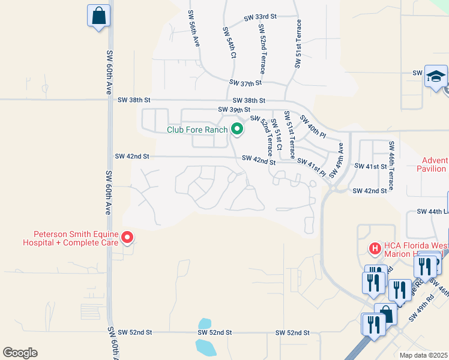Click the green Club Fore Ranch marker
pyautogui.click(x=237, y=129)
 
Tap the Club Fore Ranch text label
pyautogui.click(x=197, y=130)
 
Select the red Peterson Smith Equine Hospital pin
pyautogui.click(x=127, y=238)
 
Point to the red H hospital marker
pyautogui.click(x=375, y=247)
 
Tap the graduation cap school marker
pyautogui.click(x=436, y=77)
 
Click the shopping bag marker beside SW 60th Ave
pyautogui.click(x=98, y=16)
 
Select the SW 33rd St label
pyautogui.click(x=260, y=19)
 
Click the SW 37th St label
pyautogui.click(x=246, y=83)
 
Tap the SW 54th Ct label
pyautogui.click(x=229, y=42)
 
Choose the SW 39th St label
pyautogui.click(x=234, y=110)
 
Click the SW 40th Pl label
pyautogui.click(x=312, y=126)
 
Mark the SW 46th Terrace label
pyautogui.click(x=391, y=166)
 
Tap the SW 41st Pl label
pyautogui.click(x=312, y=167)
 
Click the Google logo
pyautogui.click(x=20, y=353)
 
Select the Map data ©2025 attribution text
pyautogui.click(x=424, y=355)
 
